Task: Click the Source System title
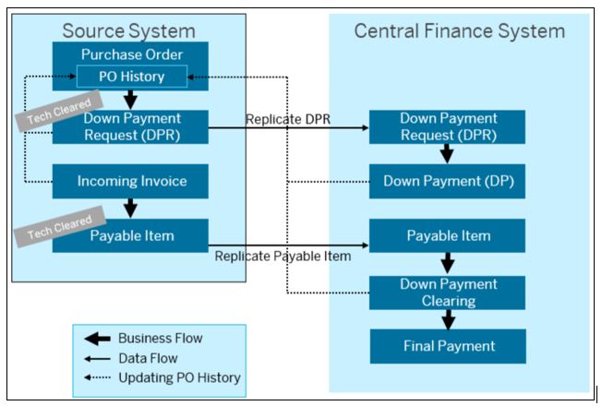pos(128,30)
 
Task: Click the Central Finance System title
pos(459,30)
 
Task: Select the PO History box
pos(132,77)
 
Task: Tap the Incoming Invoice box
pos(130,181)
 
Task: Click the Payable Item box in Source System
pos(130,235)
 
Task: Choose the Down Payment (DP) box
pos(447,181)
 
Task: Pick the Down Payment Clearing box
pos(447,293)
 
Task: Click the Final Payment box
pos(448,346)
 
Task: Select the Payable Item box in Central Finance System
pos(447,235)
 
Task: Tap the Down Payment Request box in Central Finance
pos(447,127)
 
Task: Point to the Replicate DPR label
pos(288,119)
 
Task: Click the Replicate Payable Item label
pos(283,256)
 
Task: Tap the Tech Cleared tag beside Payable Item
pos(60,226)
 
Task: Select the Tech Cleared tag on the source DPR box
pos(59,111)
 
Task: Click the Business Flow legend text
pos(160,338)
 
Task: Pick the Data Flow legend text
pos(148,358)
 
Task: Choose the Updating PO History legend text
pos(179,377)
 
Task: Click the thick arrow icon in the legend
pos(98,339)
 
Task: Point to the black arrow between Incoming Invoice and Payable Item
pos(130,209)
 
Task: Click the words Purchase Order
pos(132,54)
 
